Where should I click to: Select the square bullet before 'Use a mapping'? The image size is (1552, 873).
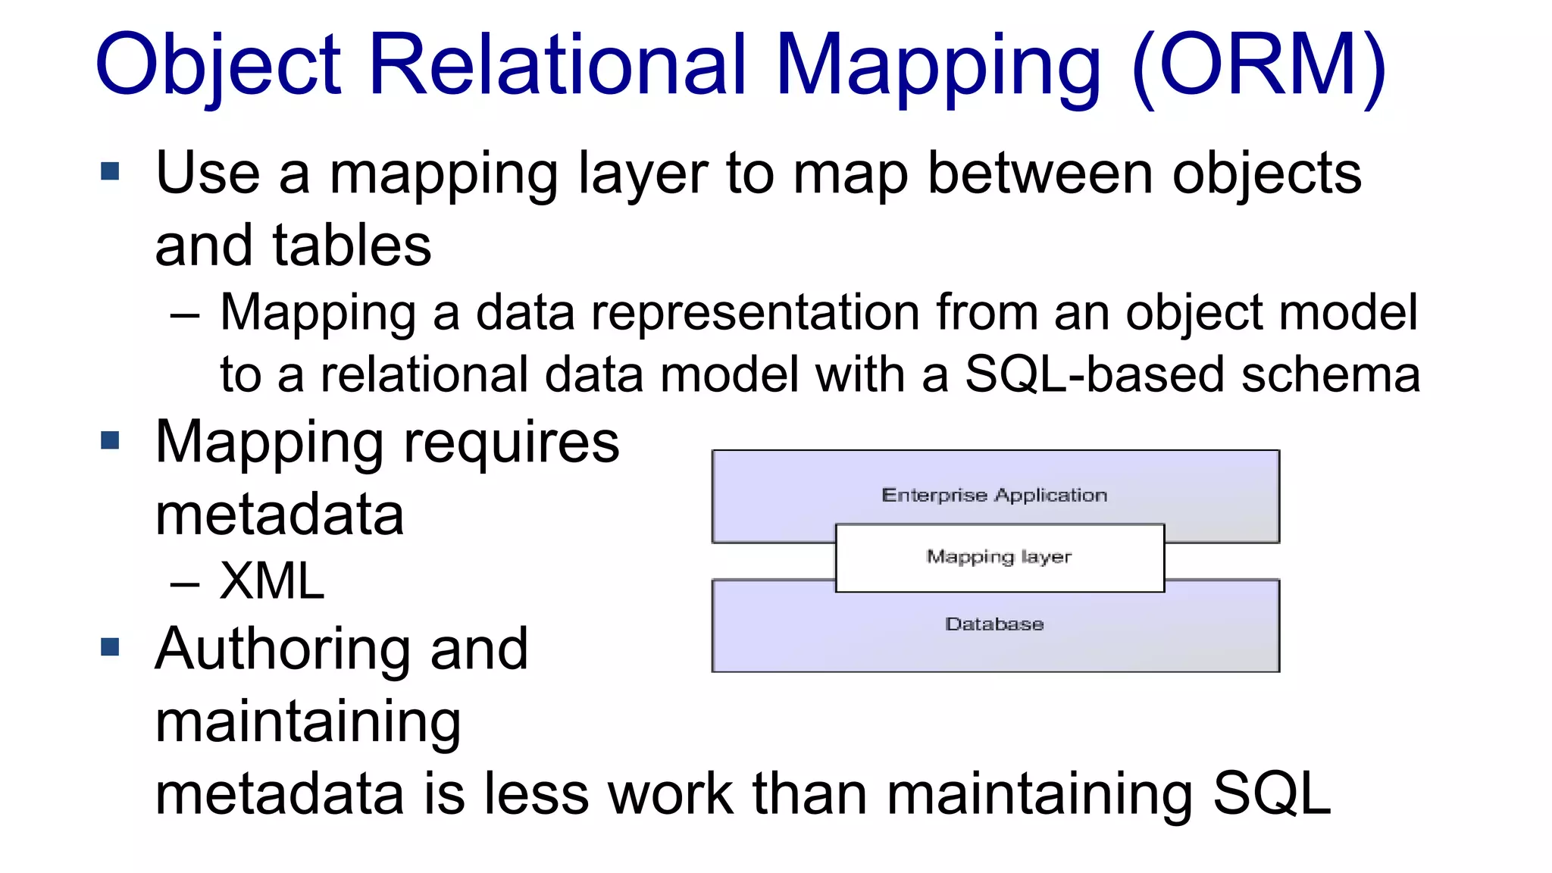click(x=111, y=171)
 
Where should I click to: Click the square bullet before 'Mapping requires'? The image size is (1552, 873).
click(x=111, y=440)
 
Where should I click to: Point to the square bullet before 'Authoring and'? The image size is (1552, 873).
click(x=111, y=647)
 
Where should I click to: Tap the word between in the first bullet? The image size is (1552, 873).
click(x=1040, y=174)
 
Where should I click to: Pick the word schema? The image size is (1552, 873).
click(x=1331, y=374)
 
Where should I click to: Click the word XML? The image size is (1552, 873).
click(x=272, y=581)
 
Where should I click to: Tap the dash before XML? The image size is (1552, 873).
click(x=185, y=584)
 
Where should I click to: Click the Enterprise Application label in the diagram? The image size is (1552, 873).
click(x=994, y=496)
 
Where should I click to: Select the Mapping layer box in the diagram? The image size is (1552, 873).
click(x=999, y=558)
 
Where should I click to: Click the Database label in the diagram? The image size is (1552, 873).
click(x=994, y=624)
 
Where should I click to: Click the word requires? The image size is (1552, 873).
click(x=512, y=443)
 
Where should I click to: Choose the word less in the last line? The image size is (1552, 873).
click(x=535, y=794)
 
